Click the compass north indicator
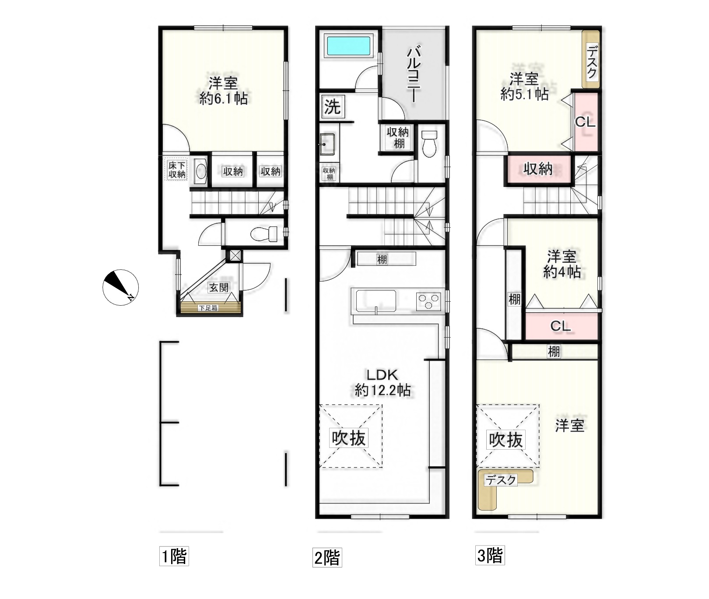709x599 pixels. tap(120, 287)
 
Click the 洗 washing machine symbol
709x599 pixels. tap(332, 106)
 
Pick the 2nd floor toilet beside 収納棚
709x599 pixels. tap(429, 143)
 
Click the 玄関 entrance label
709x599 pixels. tap(218, 288)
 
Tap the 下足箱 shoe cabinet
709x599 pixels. tap(209, 308)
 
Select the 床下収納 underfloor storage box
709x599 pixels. tap(177, 170)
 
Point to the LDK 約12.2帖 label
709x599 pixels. tap(383, 382)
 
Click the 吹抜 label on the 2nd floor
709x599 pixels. tap(349, 438)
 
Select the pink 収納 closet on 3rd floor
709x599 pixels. tap(538, 169)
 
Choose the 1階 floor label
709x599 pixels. tap(174, 557)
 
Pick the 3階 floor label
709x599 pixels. tap(490, 556)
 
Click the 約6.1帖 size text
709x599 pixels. tap(223, 98)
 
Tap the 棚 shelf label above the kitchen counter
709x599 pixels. tap(382, 260)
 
